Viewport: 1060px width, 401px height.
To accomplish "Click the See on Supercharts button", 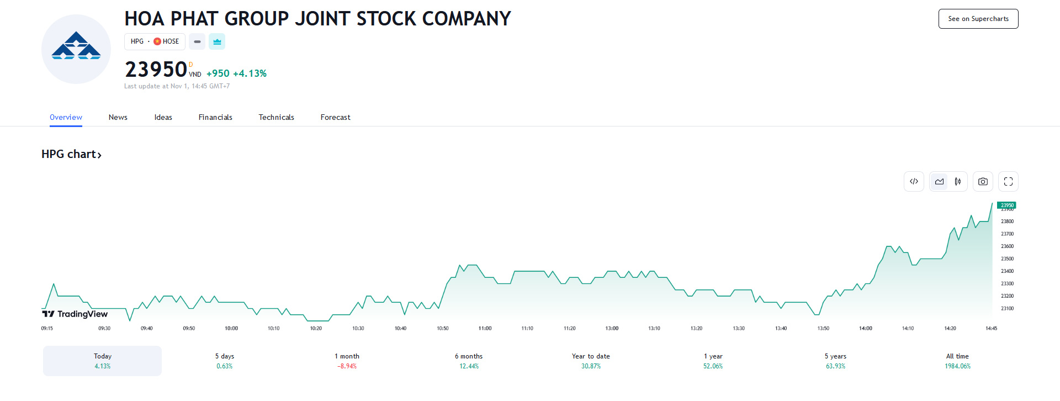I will (x=978, y=19).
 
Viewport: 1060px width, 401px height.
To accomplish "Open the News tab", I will (x=118, y=117).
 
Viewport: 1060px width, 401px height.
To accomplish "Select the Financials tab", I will (x=215, y=117).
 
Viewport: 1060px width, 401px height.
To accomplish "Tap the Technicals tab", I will (x=276, y=117).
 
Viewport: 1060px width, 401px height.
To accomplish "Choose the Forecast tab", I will (x=335, y=117).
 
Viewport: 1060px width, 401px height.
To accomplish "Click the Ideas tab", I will (x=163, y=117).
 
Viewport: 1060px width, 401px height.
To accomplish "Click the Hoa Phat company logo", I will (x=76, y=49).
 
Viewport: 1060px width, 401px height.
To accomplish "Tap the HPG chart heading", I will (x=71, y=154).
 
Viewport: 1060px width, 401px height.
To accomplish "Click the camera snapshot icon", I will (x=983, y=181).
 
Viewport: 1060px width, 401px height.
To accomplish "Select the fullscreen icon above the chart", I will (x=1008, y=181).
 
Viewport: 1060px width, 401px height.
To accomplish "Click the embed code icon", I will (x=914, y=181).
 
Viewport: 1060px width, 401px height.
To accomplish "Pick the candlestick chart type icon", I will (x=958, y=181).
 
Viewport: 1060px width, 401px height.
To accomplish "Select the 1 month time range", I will (x=347, y=361).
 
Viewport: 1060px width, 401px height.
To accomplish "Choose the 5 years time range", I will (x=835, y=361).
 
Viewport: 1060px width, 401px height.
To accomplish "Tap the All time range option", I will (x=957, y=361).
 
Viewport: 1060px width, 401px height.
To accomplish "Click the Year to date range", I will (x=591, y=361).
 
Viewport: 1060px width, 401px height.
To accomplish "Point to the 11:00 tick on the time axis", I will (x=485, y=328).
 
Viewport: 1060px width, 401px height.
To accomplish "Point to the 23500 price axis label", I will (x=1007, y=258).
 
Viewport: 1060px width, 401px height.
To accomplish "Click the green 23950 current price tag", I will (x=1006, y=205).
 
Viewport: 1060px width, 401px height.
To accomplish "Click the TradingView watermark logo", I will (x=75, y=314).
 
